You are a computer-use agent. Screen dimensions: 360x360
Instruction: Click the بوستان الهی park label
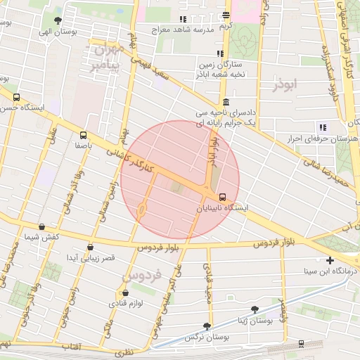[57, 32]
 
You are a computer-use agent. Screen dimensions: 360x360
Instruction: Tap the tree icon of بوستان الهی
[58, 21]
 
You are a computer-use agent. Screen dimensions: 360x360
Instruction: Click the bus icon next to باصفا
[84, 135]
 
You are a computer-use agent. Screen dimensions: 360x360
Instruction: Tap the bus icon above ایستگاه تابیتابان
[223, 197]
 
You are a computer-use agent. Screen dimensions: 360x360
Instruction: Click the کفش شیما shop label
[41, 238]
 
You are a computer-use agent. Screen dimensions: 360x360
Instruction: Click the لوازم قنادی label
[125, 303]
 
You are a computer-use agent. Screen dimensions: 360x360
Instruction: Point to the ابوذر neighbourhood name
[286, 84]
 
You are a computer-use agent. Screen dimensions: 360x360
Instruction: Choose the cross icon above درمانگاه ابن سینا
[330, 260]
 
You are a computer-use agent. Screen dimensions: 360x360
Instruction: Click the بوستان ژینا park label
[255, 320]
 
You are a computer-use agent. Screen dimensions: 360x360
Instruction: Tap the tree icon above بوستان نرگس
[207, 326]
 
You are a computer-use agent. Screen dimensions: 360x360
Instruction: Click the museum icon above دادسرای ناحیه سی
[225, 102]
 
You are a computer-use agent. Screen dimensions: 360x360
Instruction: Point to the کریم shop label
[225, 26]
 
